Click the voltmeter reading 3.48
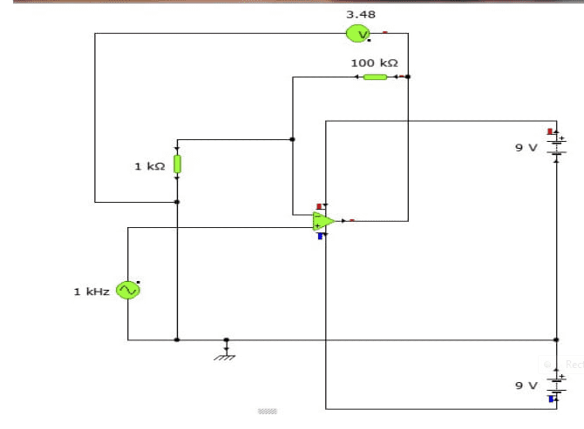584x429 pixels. (x=361, y=15)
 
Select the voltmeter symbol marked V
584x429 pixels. (x=358, y=34)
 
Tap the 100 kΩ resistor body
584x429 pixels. (x=375, y=77)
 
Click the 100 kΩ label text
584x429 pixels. (x=374, y=63)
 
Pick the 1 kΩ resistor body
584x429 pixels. (x=177, y=164)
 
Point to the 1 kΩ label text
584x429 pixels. (x=149, y=165)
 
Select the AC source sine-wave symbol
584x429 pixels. (x=128, y=291)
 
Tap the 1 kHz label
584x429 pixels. (x=92, y=292)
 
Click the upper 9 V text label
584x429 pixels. (x=526, y=148)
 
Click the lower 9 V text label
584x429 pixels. (x=526, y=385)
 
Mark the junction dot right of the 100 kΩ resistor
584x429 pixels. (x=408, y=77)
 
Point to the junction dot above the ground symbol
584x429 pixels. (x=227, y=339)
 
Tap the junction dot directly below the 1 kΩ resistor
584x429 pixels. (x=177, y=202)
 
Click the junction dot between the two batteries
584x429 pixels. (x=556, y=339)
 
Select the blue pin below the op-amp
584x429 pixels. (x=321, y=236)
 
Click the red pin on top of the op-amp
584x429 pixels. (x=320, y=205)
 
